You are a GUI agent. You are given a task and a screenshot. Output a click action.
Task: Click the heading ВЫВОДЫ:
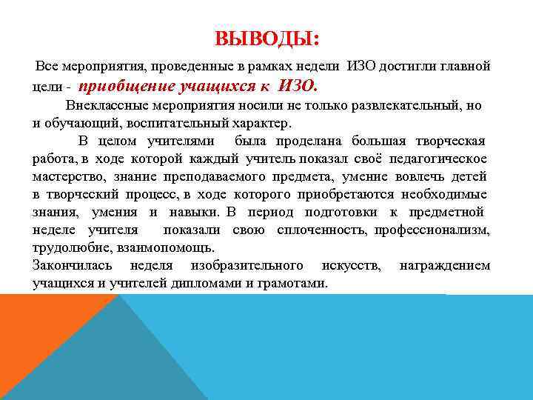coord(266,39)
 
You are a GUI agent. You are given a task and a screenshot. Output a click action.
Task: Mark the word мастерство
coord(66,176)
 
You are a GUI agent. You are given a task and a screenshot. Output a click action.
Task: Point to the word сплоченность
coord(323,230)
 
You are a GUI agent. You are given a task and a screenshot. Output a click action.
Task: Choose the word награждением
coord(444,265)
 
